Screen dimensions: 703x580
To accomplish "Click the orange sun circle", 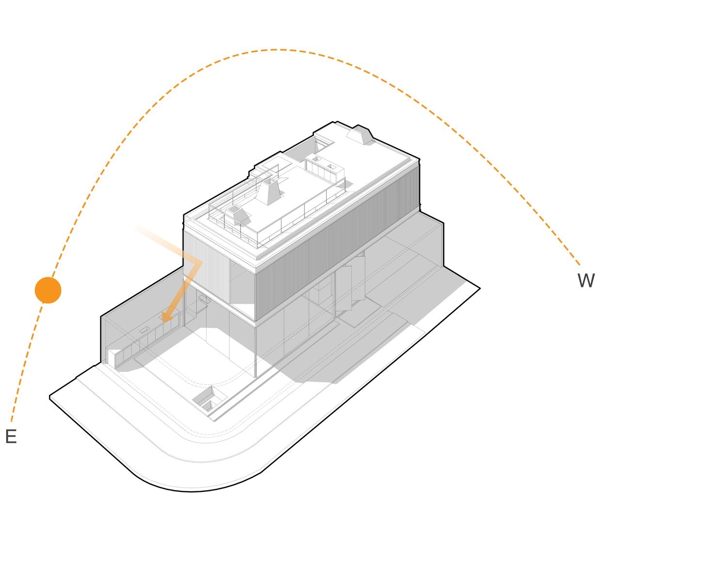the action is (x=48, y=290).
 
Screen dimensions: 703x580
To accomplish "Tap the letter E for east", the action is (x=11, y=436).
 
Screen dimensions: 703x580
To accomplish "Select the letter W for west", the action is (x=586, y=280).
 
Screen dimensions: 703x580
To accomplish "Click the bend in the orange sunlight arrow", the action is (x=201, y=262).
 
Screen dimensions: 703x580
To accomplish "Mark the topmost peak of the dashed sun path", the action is (x=276, y=50).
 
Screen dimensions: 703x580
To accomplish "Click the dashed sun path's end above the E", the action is (x=12, y=421).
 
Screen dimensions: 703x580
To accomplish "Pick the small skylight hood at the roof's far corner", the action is (x=360, y=135).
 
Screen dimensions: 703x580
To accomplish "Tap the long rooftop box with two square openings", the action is (x=324, y=169).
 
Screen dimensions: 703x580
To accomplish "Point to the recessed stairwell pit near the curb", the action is (x=209, y=399).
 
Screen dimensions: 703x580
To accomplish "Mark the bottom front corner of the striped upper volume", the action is (x=255, y=320).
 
